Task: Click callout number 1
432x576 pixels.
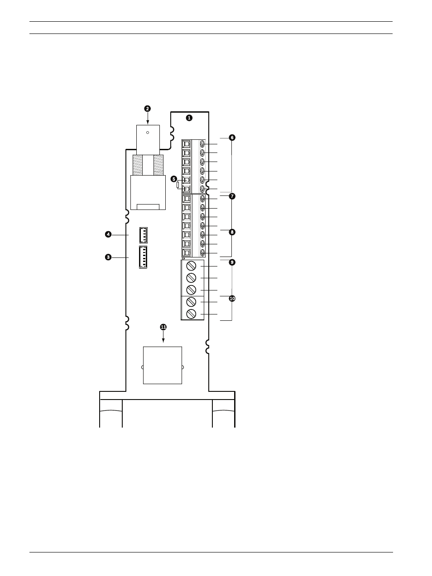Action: click(189, 118)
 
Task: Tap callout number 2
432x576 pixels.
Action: click(148, 109)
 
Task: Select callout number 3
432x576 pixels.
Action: click(108, 257)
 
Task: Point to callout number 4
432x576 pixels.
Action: click(108, 234)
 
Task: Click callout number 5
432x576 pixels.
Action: click(174, 179)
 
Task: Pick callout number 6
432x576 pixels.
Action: click(232, 138)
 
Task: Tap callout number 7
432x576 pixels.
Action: click(232, 196)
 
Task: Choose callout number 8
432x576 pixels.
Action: click(232, 232)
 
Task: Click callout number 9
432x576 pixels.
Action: click(232, 262)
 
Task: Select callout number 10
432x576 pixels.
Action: click(232, 298)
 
